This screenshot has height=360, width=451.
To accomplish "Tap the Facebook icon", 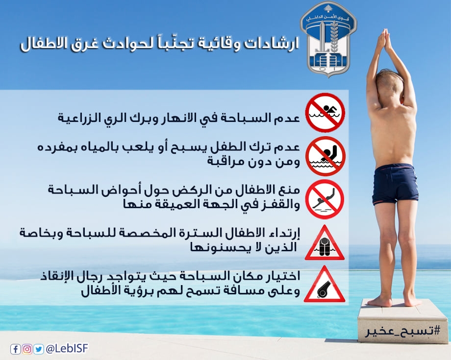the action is tap(15, 349).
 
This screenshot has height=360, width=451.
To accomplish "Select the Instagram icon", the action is tap(27, 349).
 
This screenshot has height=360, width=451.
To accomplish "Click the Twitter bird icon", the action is tap(38, 349).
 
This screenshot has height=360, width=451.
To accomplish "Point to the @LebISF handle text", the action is tap(67, 349).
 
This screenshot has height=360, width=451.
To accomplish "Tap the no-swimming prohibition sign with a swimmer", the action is tap(325, 112).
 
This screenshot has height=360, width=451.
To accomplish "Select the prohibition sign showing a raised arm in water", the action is tap(325, 156).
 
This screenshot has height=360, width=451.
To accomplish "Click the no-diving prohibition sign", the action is tap(325, 199).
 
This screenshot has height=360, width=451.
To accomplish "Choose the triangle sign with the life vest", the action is tap(325, 243).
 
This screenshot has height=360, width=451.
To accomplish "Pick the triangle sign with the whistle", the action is tap(325, 285).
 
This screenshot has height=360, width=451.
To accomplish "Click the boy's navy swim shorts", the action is tap(396, 184).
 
